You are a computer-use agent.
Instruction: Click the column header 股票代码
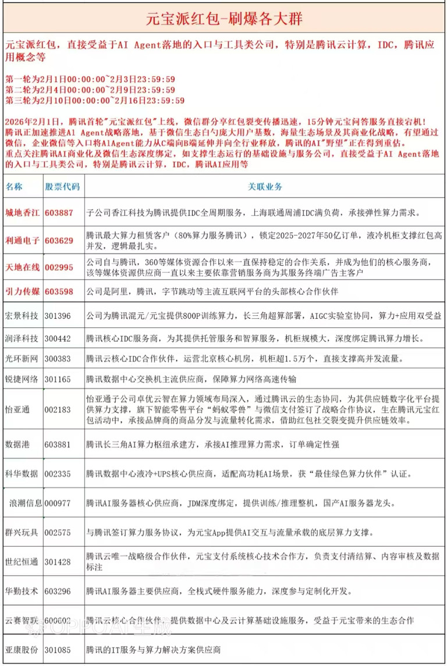point(62,187)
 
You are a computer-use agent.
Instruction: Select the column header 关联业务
point(265,187)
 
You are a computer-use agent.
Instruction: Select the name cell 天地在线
point(22,267)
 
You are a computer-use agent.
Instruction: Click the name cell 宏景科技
point(22,316)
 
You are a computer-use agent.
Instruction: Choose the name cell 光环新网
point(22,359)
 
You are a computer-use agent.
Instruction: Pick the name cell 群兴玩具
point(22,532)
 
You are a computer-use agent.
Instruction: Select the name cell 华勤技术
point(22,592)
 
